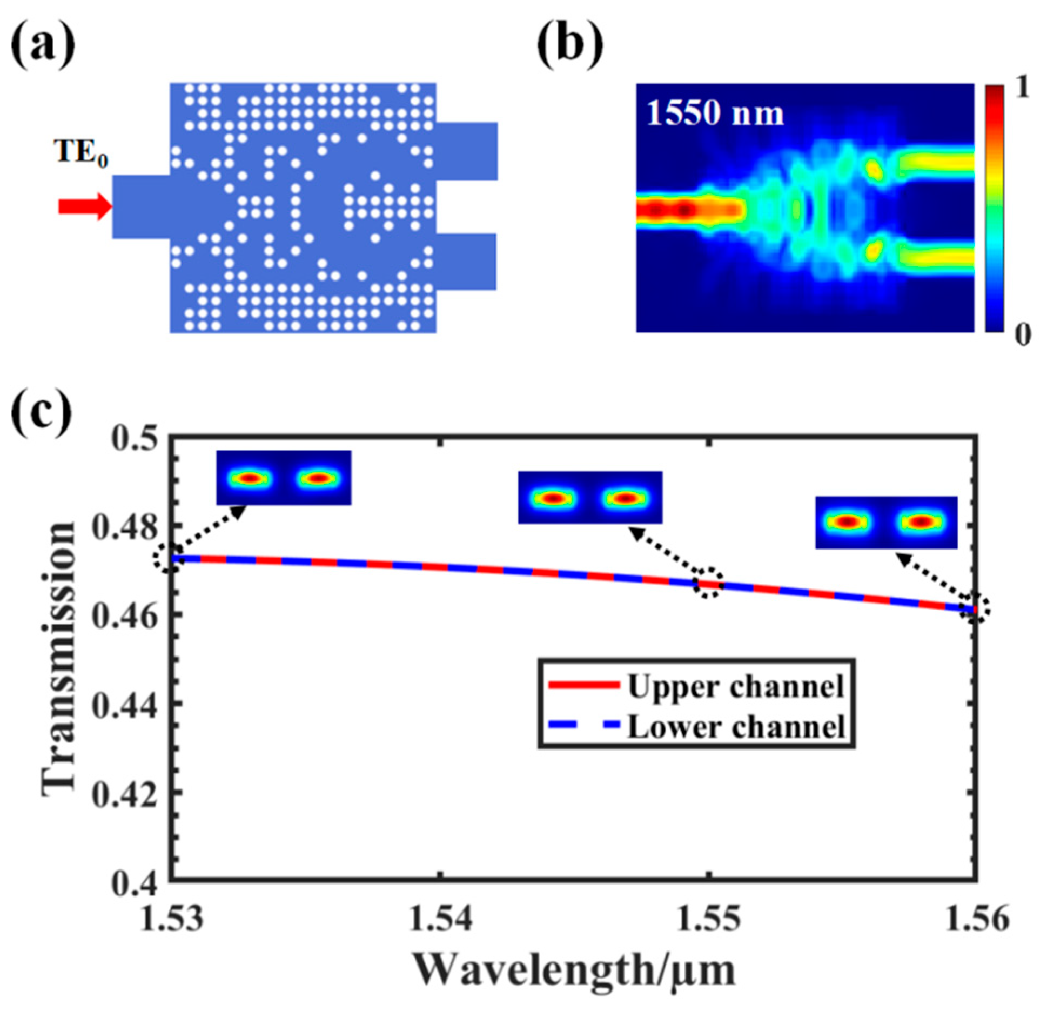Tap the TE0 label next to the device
80,152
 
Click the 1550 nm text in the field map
714,114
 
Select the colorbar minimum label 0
1023,335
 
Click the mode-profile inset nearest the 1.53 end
284,478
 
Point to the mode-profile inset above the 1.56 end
885,522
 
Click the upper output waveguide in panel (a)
467,151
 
